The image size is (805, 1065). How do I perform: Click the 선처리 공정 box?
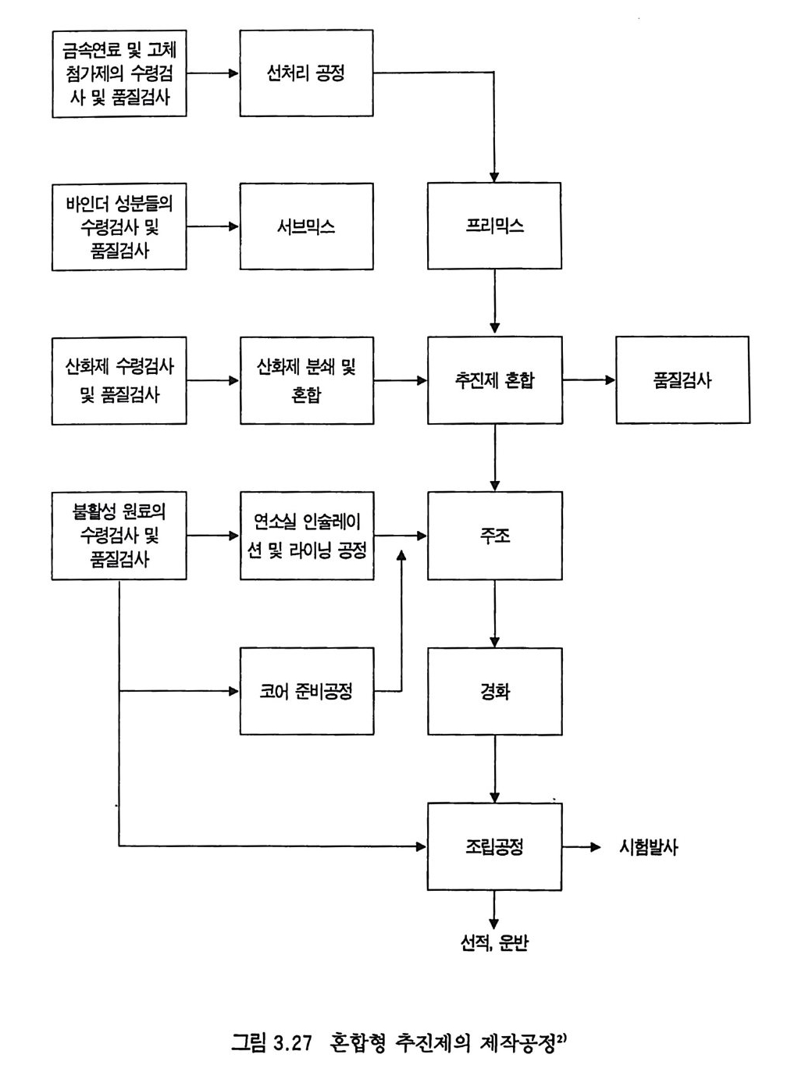pos(306,73)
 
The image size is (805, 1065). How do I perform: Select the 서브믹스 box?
pos(306,226)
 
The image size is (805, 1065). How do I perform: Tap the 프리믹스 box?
pos(494,226)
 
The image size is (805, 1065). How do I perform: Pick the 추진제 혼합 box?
pos(494,380)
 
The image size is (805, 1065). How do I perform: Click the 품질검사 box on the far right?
pos(682,380)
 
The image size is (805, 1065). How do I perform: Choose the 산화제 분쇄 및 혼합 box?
pos(306,380)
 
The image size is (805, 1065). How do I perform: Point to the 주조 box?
pos(494,536)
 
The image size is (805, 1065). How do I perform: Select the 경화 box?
pos(494,691)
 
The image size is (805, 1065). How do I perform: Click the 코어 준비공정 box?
pos(306,691)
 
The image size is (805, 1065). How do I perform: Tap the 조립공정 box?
pos(494,846)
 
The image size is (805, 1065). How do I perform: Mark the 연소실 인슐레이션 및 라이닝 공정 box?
pos(306,536)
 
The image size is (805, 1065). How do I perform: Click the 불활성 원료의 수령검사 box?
pos(119,536)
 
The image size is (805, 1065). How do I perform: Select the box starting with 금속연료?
pos(119,73)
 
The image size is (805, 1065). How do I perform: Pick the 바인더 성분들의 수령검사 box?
pos(119,226)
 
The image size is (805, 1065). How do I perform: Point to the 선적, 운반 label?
pos(494,943)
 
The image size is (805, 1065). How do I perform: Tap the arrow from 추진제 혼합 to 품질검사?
pos(589,380)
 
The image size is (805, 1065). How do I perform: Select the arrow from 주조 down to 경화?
pos(494,614)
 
